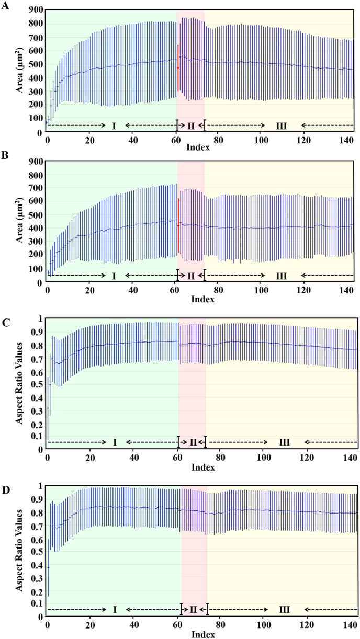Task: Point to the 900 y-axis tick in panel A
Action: pos(36,10)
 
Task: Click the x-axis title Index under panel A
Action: pos(198,147)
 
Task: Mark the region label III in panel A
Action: pos(281,126)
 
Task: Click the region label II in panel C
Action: pos(193,442)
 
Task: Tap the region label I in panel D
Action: pos(115,610)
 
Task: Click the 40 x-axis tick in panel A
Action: pos(132,140)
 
